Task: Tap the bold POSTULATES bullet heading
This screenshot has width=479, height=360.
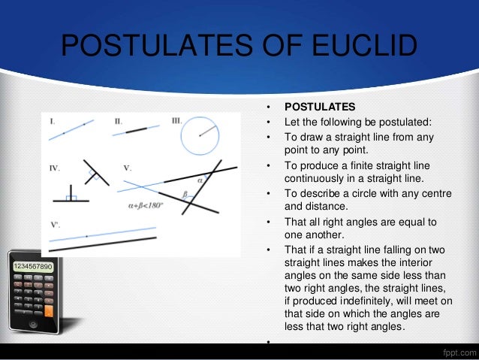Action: [319, 105]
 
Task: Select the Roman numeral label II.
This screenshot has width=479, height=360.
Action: [119, 120]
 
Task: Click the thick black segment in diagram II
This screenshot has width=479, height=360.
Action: [137, 131]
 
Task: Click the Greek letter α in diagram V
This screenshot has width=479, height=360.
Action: [200, 180]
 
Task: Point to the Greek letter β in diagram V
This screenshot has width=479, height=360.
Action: [185, 193]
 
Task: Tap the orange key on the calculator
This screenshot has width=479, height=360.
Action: [50, 310]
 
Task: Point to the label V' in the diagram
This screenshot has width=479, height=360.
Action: [55, 224]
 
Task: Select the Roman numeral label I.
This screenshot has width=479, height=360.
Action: [52, 121]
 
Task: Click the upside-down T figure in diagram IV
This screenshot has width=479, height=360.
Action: [71, 194]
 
